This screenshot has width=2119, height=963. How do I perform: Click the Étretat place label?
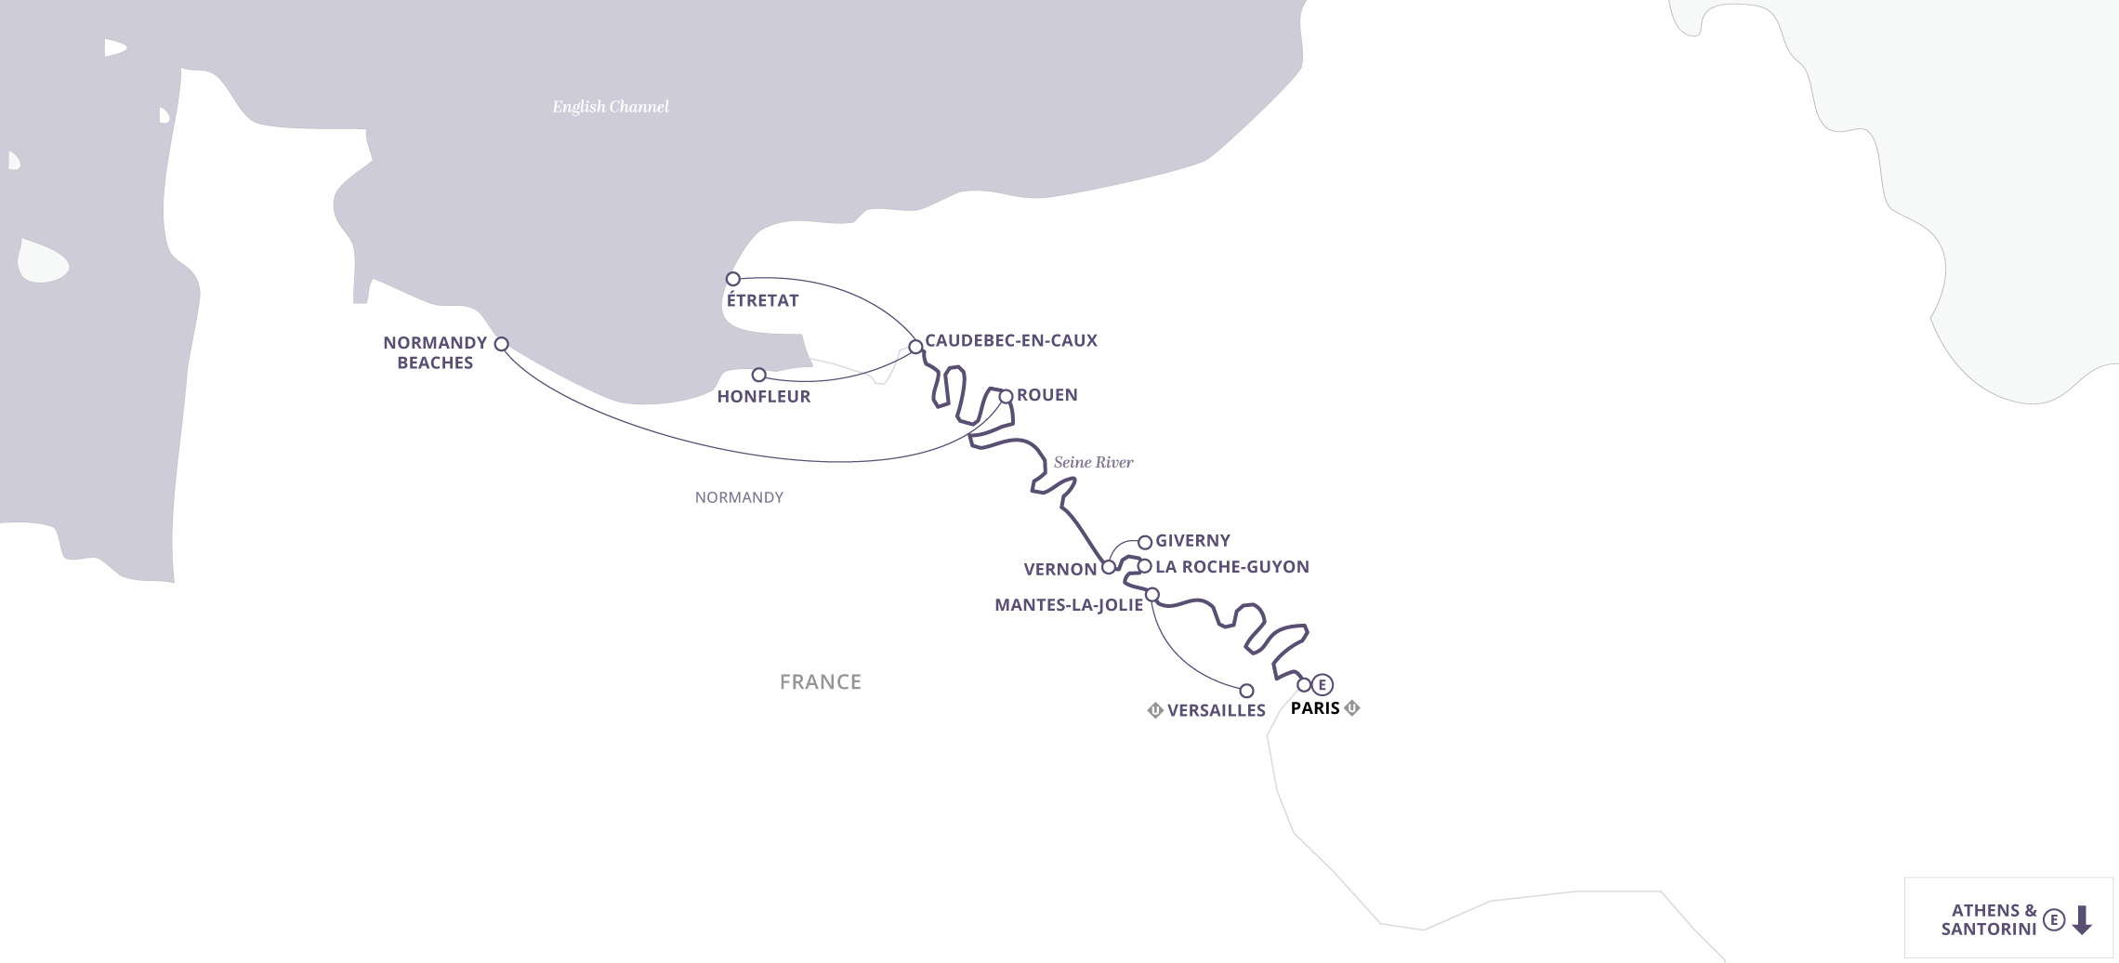click(x=762, y=300)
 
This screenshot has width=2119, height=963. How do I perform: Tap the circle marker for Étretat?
click(x=733, y=279)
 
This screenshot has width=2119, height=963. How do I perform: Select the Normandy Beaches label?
click(x=435, y=353)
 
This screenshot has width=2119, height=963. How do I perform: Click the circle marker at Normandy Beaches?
click(x=502, y=344)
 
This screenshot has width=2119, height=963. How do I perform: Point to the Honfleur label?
click(x=764, y=397)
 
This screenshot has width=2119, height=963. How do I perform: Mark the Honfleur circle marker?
click(x=759, y=375)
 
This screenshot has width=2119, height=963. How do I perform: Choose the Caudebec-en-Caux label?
click(x=1010, y=341)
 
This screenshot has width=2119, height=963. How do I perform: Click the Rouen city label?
click(x=1046, y=395)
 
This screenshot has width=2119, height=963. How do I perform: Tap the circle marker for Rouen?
click(x=1006, y=397)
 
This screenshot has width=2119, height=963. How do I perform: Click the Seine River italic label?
click(x=1093, y=463)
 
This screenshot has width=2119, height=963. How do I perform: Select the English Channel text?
click(x=611, y=107)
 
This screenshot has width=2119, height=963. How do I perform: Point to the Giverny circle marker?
click(x=1145, y=542)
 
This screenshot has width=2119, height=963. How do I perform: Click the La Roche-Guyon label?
click(x=1231, y=567)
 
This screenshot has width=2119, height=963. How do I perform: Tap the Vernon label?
click(x=1059, y=570)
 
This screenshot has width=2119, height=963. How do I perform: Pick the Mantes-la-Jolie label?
click(x=1069, y=605)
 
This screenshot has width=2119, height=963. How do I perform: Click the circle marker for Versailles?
click(x=1247, y=691)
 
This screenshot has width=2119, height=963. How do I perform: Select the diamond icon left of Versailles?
click(x=1155, y=711)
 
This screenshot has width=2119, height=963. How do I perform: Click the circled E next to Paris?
click(x=1323, y=685)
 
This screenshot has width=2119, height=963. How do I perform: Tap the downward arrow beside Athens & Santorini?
click(x=2082, y=920)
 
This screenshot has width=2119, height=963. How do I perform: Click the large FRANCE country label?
click(x=820, y=682)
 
